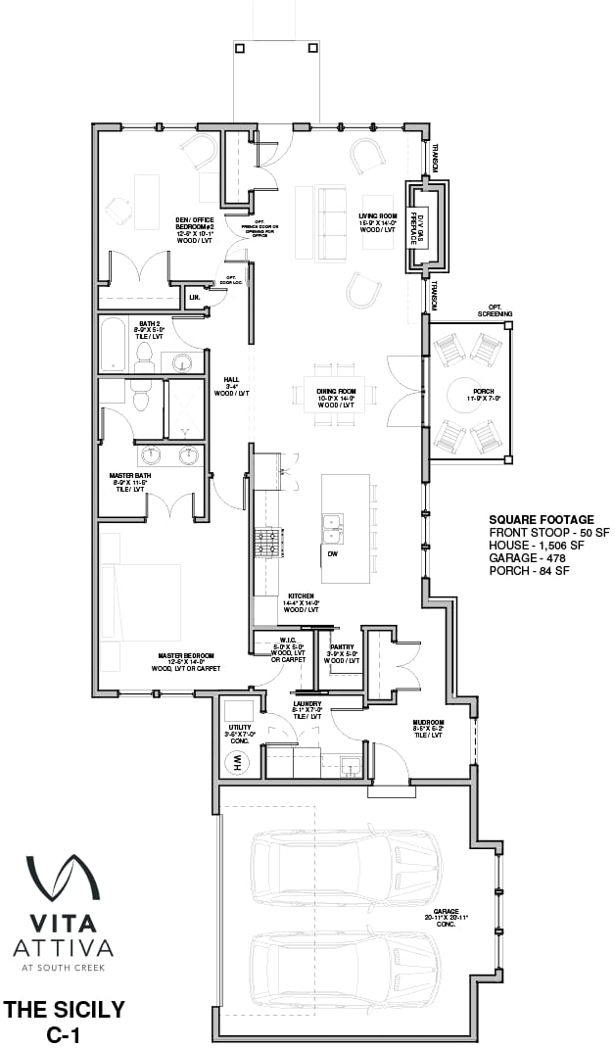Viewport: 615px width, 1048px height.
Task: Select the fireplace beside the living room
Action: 427,227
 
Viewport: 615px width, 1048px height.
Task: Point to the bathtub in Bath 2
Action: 113,343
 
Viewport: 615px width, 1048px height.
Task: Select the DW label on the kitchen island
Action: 333,553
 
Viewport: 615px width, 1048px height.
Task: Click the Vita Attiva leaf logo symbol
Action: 62,879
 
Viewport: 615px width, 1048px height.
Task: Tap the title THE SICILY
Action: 64,1009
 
